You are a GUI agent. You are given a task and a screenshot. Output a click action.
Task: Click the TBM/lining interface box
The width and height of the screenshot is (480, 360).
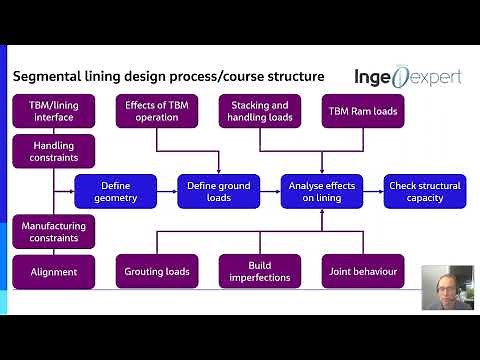tap(53, 111)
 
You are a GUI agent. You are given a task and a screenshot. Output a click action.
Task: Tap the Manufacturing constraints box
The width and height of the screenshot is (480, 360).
tap(53, 232)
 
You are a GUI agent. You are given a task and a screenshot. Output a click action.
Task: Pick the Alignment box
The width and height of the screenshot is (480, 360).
tap(53, 271)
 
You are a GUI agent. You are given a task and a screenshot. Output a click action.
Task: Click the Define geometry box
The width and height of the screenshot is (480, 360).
tap(116, 191)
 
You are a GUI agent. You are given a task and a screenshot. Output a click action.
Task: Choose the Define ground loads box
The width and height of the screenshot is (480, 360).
tap(219, 191)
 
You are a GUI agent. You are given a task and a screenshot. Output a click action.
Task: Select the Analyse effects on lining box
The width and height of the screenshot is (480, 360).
tap(321, 191)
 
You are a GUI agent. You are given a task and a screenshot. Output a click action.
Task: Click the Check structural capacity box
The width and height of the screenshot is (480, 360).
tap(425, 191)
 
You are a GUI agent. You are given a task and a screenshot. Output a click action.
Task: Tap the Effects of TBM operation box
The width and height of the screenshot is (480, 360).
tap(157, 111)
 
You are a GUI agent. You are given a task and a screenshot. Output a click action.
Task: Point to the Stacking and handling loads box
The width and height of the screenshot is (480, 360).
tap(260, 111)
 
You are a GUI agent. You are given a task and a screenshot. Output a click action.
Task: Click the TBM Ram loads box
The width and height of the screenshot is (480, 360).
tap(362, 111)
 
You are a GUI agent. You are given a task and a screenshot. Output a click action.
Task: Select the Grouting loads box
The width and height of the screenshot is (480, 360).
tap(157, 271)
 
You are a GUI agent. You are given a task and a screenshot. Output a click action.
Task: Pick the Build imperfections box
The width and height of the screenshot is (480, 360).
tap(260, 271)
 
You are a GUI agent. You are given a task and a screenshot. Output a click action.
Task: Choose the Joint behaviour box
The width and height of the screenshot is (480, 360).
tap(362, 271)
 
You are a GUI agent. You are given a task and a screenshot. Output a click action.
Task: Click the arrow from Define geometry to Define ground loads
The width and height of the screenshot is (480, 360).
tap(167, 191)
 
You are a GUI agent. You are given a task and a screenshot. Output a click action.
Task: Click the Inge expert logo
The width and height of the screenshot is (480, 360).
tap(408, 77)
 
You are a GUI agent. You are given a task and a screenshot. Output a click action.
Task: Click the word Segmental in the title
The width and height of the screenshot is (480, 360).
tap(45, 77)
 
